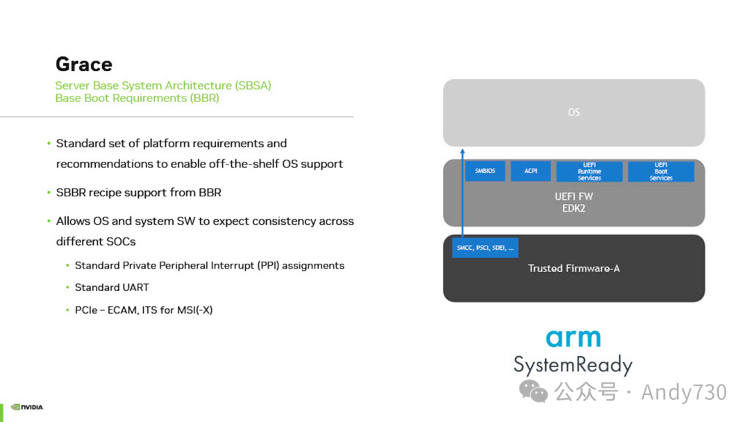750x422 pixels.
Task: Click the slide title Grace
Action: click(x=83, y=65)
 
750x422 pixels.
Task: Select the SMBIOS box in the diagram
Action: click(x=485, y=171)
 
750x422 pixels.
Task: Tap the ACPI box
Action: click(x=531, y=171)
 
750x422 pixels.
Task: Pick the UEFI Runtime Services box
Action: click(x=589, y=171)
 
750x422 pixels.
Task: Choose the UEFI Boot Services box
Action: click(x=660, y=171)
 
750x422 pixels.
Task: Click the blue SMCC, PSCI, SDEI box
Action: click(x=485, y=248)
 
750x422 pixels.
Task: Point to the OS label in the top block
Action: click(x=574, y=112)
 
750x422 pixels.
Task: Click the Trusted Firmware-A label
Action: click(x=574, y=269)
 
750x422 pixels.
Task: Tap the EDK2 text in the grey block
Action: click(x=574, y=208)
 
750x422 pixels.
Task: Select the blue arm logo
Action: click(x=573, y=338)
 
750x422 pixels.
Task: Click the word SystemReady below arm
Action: click(x=573, y=364)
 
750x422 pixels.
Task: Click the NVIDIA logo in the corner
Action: click(x=27, y=407)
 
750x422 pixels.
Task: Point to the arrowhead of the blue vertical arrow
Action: click(x=462, y=151)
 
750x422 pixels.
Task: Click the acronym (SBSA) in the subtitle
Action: click(x=253, y=85)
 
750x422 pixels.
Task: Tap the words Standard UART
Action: click(x=112, y=287)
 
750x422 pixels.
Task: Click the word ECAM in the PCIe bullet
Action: click(x=123, y=310)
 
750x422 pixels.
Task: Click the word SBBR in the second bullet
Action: click(x=71, y=192)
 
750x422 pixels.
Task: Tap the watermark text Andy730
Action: click(x=683, y=392)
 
